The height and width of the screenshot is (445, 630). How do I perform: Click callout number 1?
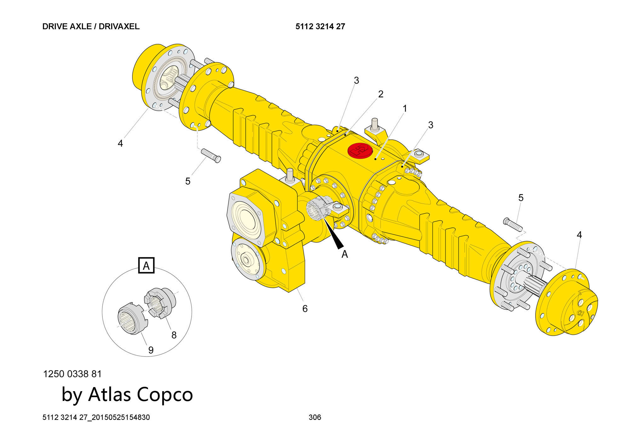[405, 109]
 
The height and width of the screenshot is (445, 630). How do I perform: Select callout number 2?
[381, 94]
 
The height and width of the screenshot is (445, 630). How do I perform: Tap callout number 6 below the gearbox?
[305, 309]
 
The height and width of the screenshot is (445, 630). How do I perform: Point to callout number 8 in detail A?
[174, 335]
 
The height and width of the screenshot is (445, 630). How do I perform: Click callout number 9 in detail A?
[151, 350]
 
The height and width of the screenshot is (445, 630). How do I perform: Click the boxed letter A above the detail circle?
[146, 266]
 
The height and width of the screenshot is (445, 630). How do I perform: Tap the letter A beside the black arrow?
[345, 254]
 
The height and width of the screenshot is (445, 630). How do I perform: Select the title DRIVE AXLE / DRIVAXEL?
[91, 26]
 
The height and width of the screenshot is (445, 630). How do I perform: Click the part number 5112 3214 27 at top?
[320, 26]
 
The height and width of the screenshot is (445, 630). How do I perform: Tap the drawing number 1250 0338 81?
[72, 374]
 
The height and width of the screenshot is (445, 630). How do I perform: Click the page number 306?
[315, 417]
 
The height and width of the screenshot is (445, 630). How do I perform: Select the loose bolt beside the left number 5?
[211, 155]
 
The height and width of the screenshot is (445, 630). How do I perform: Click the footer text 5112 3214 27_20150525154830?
[96, 417]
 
